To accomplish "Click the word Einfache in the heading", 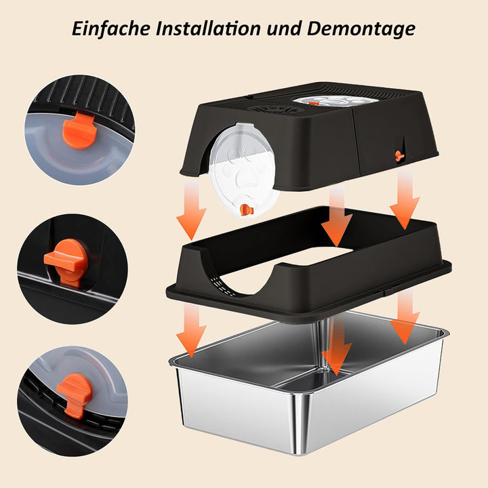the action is [110, 28].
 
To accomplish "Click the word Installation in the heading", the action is [208, 28].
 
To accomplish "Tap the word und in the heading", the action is [284, 29].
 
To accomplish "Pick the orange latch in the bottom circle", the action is [75, 393].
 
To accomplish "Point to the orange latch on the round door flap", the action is [247, 209].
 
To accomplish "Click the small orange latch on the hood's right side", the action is [399, 155].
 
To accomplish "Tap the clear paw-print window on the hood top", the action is [335, 100].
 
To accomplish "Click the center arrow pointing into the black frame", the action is [336, 218].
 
